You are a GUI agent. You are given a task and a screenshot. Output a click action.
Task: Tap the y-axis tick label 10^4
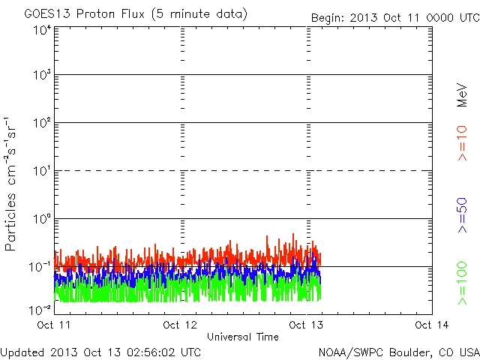pyautogui.click(x=42, y=30)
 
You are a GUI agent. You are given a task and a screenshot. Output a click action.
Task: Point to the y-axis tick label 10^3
pyautogui.click(x=42, y=76)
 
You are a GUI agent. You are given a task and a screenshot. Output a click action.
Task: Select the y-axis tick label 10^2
pyautogui.click(x=42, y=123)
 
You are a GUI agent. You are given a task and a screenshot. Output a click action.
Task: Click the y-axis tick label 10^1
pyautogui.click(x=42, y=171)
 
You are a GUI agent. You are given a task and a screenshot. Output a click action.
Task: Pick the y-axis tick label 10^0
pyautogui.click(x=42, y=219)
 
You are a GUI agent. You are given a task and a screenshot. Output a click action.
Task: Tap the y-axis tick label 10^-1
pyautogui.click(x=40, y=267)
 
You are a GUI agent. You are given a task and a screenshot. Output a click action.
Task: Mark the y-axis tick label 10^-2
pyautogui.click(x=40, y=309)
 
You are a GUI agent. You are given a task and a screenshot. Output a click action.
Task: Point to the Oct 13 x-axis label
pyautogui.click(x=306, y=325)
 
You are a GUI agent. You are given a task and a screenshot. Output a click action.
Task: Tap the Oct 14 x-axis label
pyautogui.click(x=432, y=325)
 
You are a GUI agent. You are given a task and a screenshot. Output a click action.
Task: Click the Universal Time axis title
pyautogui.click(x=243, y=337)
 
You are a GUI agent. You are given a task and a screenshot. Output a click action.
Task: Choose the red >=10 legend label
pyautogui.click(x=463, y=142)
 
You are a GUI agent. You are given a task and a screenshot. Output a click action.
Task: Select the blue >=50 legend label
pyautogui.click(x=463, y=214)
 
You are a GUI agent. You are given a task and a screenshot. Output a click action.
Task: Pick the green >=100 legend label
pyautogui.click(x=463, y=283)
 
